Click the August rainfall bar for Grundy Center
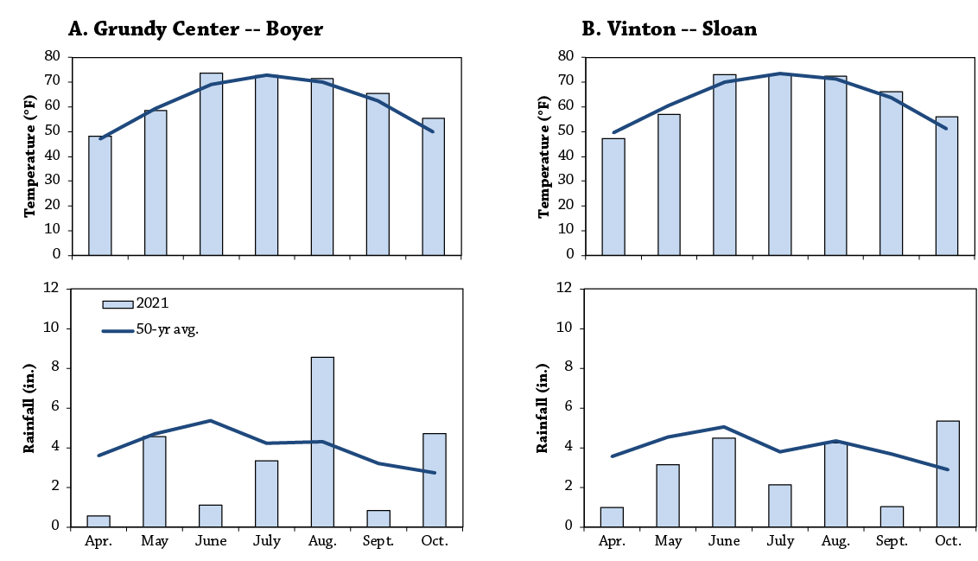322,442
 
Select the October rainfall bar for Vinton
948,474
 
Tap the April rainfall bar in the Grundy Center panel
98,521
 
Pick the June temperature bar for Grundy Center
211,164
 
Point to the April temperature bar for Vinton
613,196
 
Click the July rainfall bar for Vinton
779,506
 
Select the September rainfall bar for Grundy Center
378,519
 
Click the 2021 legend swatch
117,304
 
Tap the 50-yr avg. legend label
167,329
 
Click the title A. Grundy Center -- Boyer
195,29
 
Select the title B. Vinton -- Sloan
670,29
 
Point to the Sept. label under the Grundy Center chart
378,541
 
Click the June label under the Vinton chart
724,541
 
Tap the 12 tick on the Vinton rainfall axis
564,288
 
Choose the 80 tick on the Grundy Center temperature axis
53,56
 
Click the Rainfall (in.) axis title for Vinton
542,408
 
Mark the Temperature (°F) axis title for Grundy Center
29,156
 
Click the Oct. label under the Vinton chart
948,541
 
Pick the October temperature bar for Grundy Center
434,187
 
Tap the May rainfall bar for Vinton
668,495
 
